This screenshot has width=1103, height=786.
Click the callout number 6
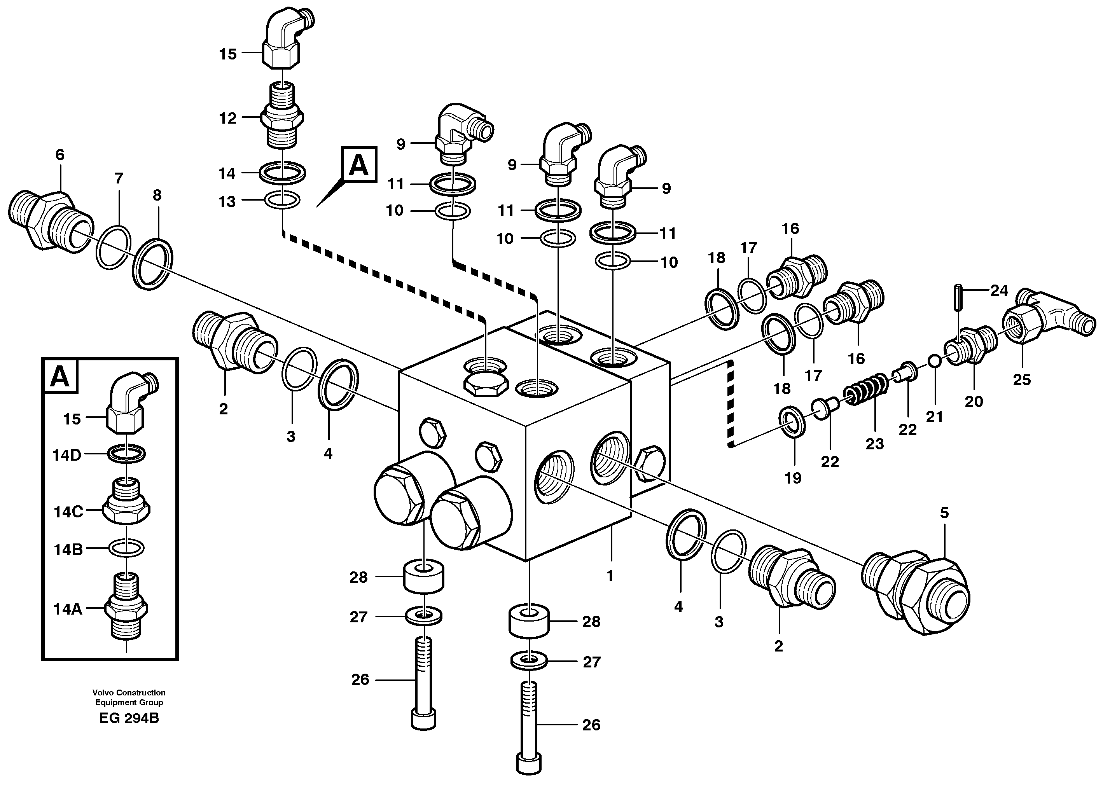click(x=59, y=155)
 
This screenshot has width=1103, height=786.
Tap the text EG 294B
click(x=129, y=718)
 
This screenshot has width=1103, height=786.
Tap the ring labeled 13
click(x=282, y=199)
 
